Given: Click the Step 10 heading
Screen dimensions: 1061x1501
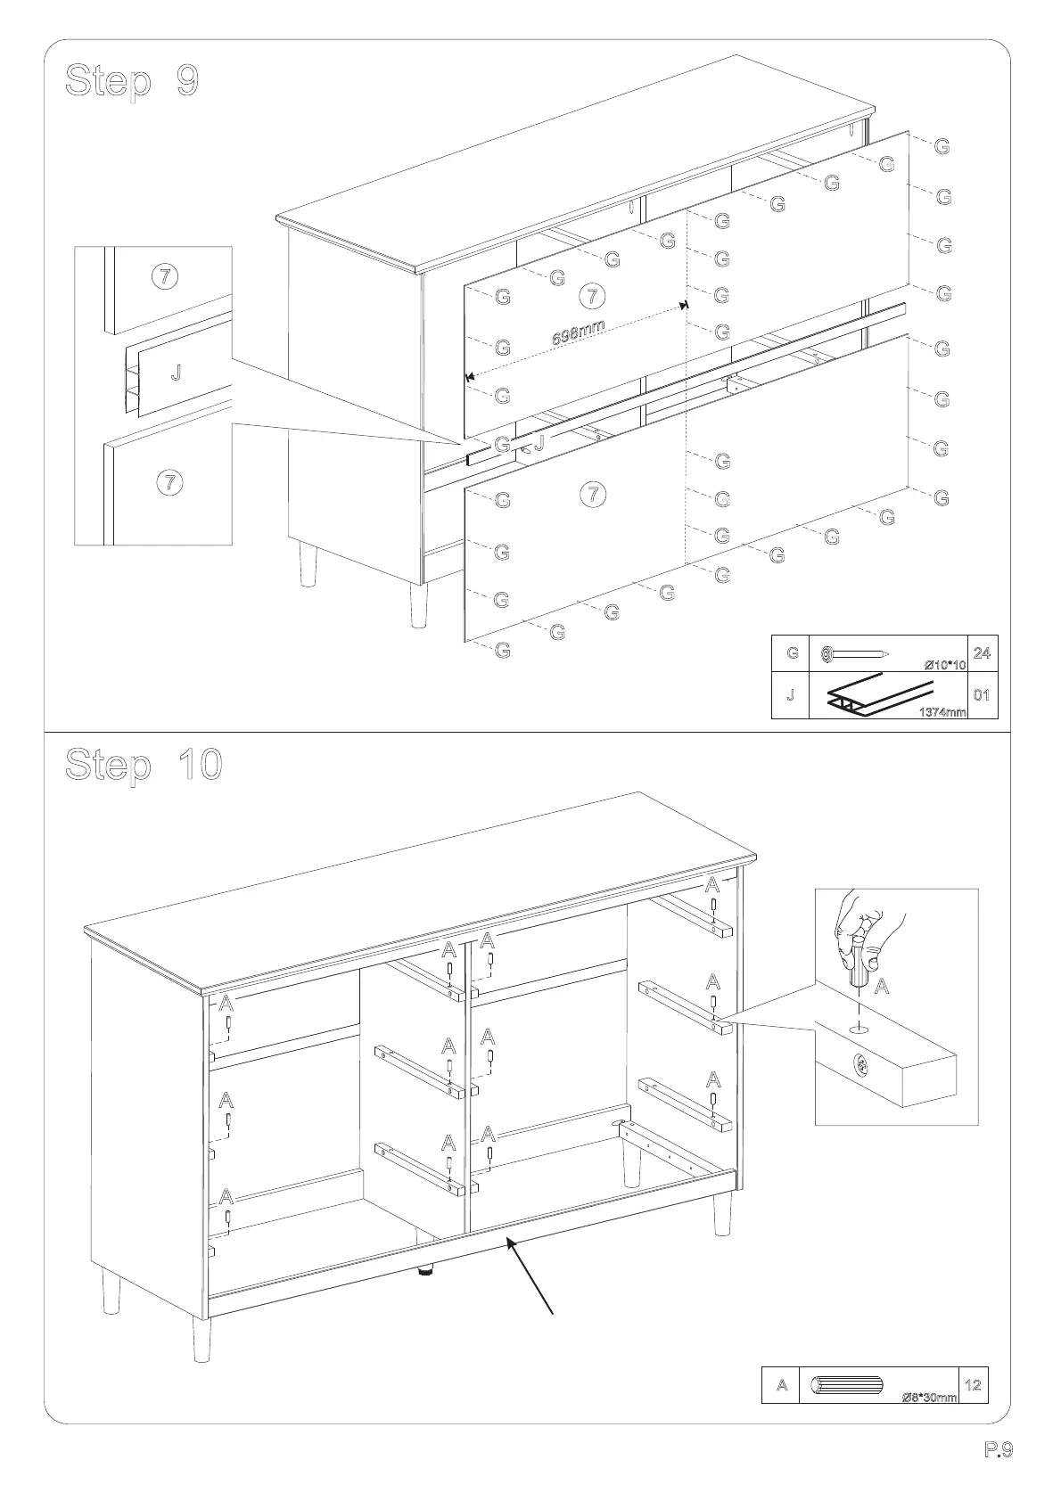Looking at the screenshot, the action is pyautogui.click(x=144, y=765).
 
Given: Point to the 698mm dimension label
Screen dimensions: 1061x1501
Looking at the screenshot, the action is pyautogui.click(x=578, y=332).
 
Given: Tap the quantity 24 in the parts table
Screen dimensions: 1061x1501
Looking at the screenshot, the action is pyautogui.click(x=982, y=652).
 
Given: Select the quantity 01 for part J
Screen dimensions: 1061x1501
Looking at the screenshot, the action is pyautogui.click(x=982, y=694).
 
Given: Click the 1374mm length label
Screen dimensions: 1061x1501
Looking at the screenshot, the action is pyautogui.click(x=942, y=711).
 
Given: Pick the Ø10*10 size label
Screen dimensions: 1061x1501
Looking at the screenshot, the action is pyautogui.click(x=945, y=665).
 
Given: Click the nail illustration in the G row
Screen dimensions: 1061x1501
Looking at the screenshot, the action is pyautogui.click(x=855, y=654).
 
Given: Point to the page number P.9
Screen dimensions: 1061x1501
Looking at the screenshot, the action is pyautogui.click(x=999, y=1449).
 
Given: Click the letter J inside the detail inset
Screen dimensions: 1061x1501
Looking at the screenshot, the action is pyautogui.click(x=176, y=373).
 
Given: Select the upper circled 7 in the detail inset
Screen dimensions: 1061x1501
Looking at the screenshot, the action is pyautogui.click(x=164, y=276).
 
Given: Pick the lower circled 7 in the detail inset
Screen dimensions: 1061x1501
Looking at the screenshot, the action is pyautogui.click(x=169, y=482).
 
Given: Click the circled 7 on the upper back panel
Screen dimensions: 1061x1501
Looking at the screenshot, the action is pyautogui.click(x=592, y=295).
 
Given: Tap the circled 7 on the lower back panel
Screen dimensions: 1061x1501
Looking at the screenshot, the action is pyautogui.click(x=592, y=493).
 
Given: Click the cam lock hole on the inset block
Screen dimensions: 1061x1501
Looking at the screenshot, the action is pyautogui.click(x=860, y=1062).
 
